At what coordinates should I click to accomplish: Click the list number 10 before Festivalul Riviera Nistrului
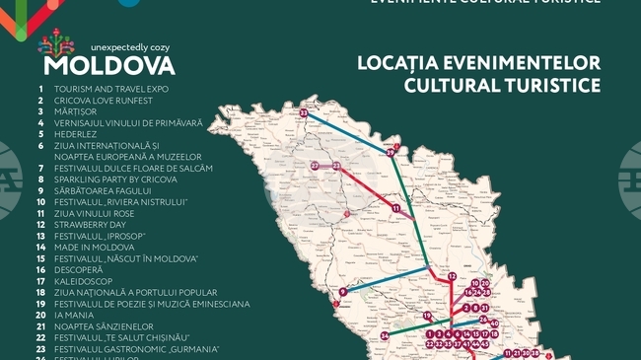40,202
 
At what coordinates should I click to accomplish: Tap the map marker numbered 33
305,114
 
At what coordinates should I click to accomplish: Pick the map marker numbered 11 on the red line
395,209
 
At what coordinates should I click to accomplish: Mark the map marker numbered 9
342,292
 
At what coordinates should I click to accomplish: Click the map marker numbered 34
385,336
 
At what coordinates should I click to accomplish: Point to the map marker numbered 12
452,277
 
